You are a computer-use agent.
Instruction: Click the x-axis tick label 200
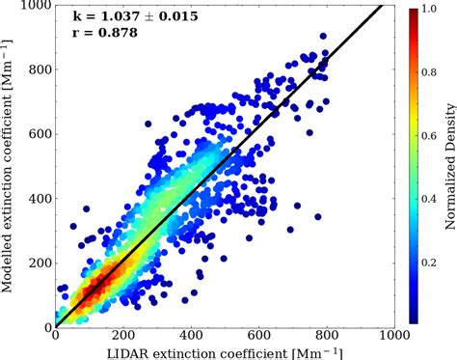point(141,337)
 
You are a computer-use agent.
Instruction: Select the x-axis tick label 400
point(225,337)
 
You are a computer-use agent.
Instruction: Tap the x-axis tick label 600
point(309,337)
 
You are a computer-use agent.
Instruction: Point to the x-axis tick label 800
point(393,337)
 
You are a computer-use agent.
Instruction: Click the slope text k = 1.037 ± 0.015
point(132,16)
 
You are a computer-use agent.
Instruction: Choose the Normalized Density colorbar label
point(450,164)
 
